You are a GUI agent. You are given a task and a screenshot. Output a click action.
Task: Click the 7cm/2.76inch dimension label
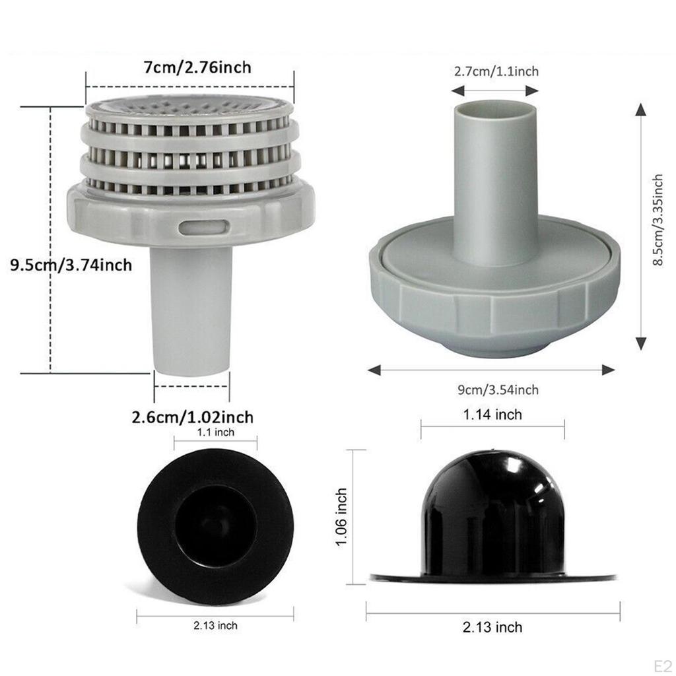pos(189,67)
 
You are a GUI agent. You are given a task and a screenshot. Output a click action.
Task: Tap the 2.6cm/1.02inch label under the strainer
pos(192,417)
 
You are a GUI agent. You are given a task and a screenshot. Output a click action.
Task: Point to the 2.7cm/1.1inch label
pos(496,71)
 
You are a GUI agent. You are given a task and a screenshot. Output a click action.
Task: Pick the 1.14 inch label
pos(492,415)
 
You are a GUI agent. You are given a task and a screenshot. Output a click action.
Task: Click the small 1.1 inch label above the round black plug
pos(215,432)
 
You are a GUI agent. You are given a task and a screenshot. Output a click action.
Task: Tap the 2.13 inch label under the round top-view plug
pos(215,625)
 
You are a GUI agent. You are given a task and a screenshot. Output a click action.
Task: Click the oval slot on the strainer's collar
pos(203,227)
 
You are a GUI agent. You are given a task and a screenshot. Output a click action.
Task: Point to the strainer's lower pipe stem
pos(191,310)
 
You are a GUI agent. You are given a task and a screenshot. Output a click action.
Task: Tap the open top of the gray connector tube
pos(496,106)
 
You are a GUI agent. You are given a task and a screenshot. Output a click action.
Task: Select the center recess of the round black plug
pos(213,527)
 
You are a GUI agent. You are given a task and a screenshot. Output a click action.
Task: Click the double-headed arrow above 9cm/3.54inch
pos(491,371)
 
